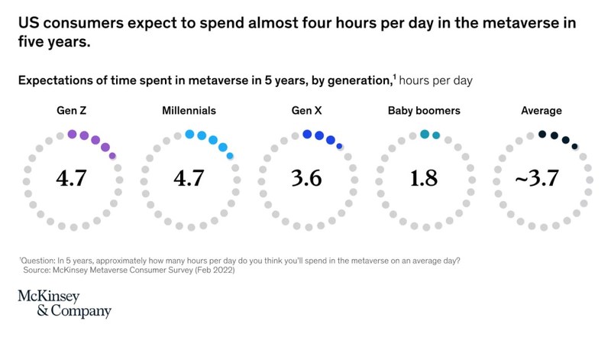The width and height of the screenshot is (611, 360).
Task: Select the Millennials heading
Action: click(x=189, y=111)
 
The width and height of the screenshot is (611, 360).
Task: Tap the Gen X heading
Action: click(x=305, y=111)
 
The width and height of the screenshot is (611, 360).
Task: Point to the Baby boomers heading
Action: click(x=424, y=111)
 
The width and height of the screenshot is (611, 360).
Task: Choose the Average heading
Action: click(x=541, y=111)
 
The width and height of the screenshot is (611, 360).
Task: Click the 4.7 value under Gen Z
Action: click(x=73, y=179)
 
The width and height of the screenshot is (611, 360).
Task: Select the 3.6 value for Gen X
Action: click(x=305, y=179)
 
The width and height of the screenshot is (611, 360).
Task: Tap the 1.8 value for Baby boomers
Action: click(x=424, y=179)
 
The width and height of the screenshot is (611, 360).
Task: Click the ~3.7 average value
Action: click(x=537, y=179)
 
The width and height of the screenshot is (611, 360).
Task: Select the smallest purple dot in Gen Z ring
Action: click(x=112, y=156)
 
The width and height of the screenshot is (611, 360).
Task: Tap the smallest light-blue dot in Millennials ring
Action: click(x=230, y=156)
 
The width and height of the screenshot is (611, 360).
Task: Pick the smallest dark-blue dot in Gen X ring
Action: click(x=339, y=146)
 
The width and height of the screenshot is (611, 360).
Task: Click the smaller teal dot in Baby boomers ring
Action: click(x=436, y=135)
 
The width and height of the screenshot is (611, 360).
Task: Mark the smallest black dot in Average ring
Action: click(x=574, y=146)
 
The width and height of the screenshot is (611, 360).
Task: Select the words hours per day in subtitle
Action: click(x=439, y=79)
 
